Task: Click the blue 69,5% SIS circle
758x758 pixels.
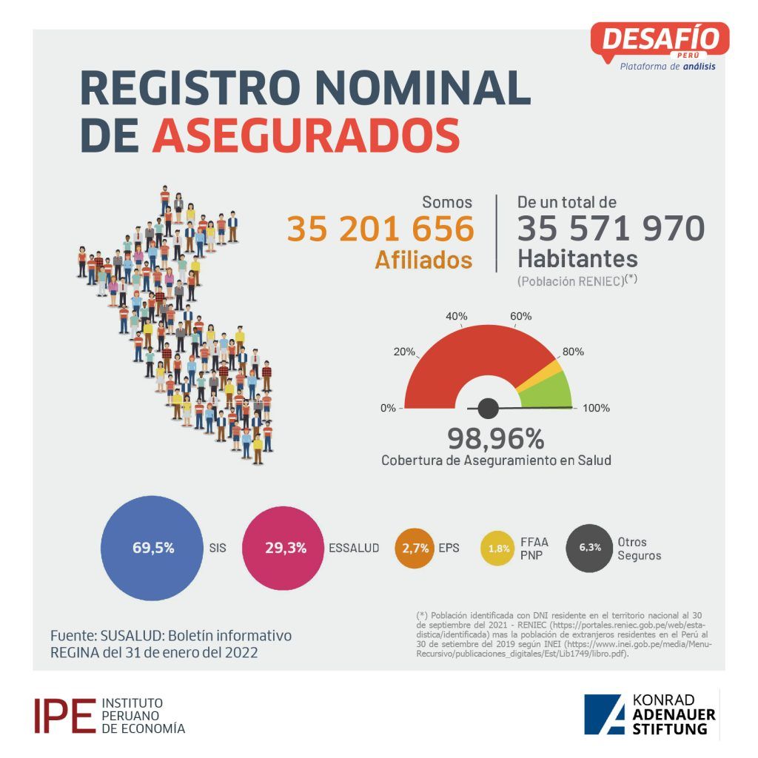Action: pos(152,548)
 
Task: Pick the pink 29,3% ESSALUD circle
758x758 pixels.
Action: pos(284,548)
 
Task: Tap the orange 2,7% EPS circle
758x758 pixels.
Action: pos(415,548)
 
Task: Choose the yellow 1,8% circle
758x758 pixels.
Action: pos(497,549)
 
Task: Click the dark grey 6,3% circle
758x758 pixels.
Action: pos(589,548)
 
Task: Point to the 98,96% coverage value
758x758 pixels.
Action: pos(495,438)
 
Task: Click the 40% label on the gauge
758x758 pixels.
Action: pos(456,316)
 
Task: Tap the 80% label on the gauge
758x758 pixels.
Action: pos(573,352)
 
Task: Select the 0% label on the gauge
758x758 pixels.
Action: pos(388,408)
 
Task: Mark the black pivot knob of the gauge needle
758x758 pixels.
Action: pos(489,409)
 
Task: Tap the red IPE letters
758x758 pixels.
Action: pos(65,716)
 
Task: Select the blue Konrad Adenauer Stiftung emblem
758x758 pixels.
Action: pos(604,714)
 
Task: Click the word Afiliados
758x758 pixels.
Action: pos(423,260)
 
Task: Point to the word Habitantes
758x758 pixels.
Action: pos(577,258)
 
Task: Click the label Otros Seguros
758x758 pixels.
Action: pos(639,549)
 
